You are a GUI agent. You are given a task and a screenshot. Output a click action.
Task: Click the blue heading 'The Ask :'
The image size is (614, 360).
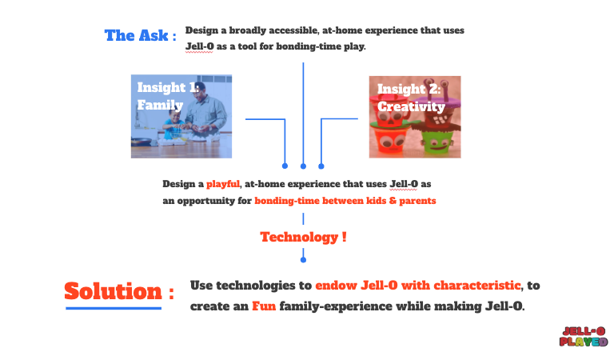click(140, 36)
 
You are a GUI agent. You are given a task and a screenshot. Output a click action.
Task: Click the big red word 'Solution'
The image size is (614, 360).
click(114, 291)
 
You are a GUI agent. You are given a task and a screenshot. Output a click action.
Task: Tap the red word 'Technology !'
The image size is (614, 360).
click(304, 237)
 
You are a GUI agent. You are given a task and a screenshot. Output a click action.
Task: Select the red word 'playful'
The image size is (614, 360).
click(223, 184)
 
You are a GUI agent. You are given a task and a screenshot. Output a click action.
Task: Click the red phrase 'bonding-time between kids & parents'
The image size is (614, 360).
click(345, 201)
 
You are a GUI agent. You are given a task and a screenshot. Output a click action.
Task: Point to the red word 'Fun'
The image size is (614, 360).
click(264, 306)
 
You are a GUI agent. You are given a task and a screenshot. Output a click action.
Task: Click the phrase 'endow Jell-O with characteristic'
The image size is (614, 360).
click(418, 285)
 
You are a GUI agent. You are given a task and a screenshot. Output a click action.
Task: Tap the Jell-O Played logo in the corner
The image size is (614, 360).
click(584, 337)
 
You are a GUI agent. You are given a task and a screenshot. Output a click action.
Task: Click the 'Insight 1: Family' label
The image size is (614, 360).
click(168, 96)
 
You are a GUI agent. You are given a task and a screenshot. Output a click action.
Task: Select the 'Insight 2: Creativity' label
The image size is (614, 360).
click(411, 98)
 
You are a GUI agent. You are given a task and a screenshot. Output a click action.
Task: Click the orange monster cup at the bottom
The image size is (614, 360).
click(390, 141)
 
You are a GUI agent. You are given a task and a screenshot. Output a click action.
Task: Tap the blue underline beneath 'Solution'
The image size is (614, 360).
click(114, 308)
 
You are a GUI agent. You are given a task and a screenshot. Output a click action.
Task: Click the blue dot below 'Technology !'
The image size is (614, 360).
click(303, 260)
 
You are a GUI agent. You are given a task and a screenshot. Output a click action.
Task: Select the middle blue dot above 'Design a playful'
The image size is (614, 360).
click(303, 166)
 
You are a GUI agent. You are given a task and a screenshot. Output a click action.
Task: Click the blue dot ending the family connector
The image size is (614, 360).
click(285, 166)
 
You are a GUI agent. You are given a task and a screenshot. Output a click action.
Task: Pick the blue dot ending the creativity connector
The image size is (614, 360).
click(321, 166)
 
